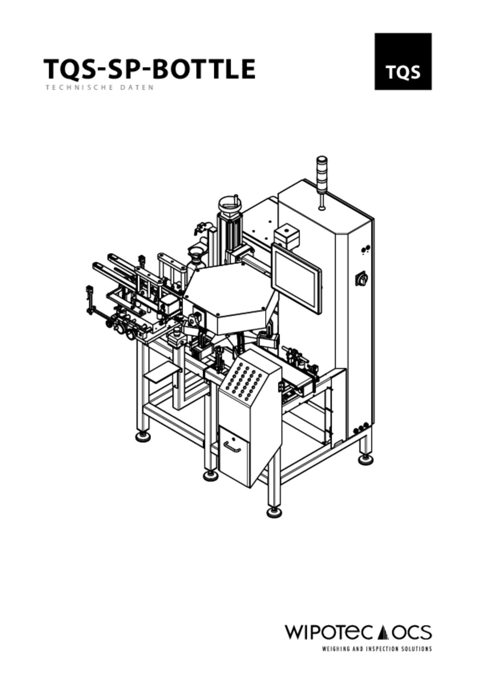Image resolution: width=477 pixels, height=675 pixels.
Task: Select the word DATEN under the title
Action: (x=139, y=88)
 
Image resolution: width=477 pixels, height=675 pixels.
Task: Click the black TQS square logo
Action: (x=403, y=62)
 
